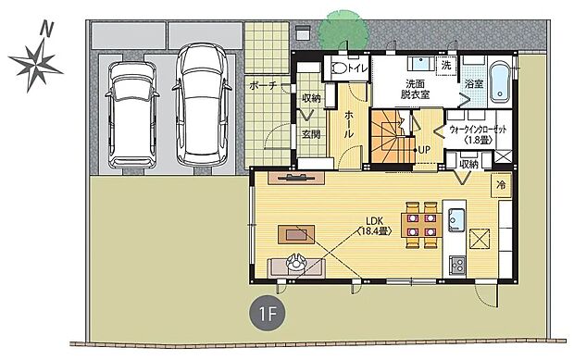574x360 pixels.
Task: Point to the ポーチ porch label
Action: (x=263, y=86)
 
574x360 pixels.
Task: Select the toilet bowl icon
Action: (x=339, y=68)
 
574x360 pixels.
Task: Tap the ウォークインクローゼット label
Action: (x=477, y=134)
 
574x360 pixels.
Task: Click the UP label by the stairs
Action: (x=424, y=149)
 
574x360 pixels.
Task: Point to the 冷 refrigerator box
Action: (x=500, y=184)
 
